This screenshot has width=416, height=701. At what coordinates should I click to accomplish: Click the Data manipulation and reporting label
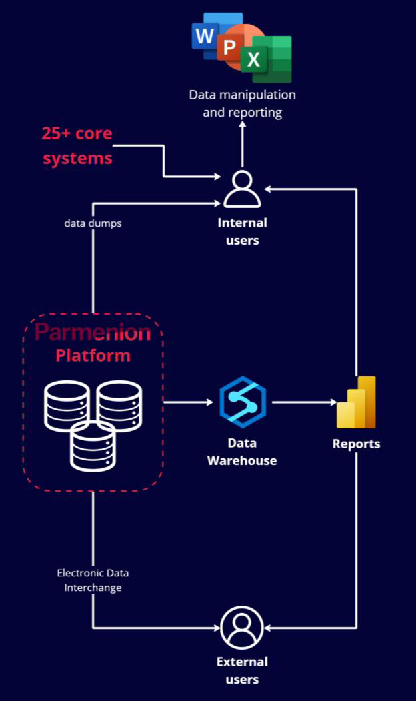click(x=242, y=103)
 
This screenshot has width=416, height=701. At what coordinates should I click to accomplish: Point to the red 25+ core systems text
click(x=77, y=146)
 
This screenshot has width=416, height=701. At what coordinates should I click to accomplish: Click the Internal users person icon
click(x=242, y=189)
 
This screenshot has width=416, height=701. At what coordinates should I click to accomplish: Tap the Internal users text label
click(x=242, y=231)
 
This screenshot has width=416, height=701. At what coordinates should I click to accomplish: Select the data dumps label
click(x=93, y=223)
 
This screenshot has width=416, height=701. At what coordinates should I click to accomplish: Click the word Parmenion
click(x=93, y=331)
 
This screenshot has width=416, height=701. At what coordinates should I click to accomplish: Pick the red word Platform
click(x=93, y=355)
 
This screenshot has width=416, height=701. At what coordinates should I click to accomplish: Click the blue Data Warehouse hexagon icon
click(x=243, y=402)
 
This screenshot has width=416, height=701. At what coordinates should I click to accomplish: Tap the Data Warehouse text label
click(x=242, y=452)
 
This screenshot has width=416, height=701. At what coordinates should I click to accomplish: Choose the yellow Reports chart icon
click(x=357, y=403)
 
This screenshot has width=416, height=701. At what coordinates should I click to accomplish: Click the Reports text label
click(x=357, y=444)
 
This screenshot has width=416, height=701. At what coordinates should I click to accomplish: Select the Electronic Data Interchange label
click(x=93, y=580)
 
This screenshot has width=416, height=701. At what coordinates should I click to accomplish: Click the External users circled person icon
click(x=242, y=628)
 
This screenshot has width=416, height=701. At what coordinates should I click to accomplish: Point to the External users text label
click(x=242, y=670)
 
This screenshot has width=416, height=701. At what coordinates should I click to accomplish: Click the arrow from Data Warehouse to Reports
click(x=303, y=402)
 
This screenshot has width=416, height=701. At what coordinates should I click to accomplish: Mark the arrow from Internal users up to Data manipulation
click(x=242, y=143)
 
